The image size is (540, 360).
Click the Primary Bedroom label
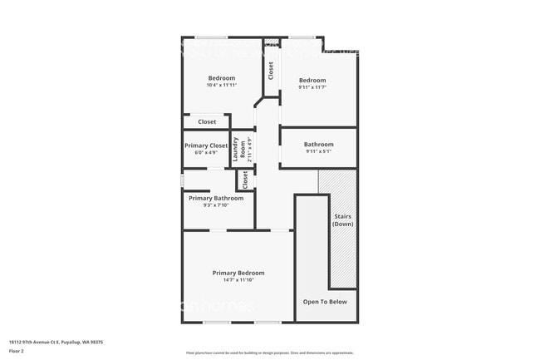point(238,273)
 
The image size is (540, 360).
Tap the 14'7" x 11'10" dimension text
point(238,280)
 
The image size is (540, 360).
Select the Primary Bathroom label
point(216,198)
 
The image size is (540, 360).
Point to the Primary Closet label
point(206,145)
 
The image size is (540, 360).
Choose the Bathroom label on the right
point(319,144)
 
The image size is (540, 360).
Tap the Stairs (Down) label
point(343,220)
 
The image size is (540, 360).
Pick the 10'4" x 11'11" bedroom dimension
point(222,86)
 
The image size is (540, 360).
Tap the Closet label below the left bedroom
point(207,122)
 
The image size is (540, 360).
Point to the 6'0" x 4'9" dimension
point(206,153)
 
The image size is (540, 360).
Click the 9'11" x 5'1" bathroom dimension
point(319,151)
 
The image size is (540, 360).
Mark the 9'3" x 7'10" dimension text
point(216,205)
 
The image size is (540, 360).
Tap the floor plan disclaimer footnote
point(270,353)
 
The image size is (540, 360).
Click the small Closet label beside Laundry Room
point(245,180)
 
